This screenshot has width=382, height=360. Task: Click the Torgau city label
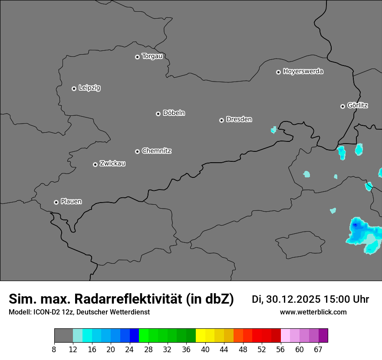pos(152,56)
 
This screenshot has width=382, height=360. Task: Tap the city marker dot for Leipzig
pos(74,88)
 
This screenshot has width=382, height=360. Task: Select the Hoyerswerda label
pos(303,72)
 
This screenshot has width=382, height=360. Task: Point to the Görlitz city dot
pos(342,106)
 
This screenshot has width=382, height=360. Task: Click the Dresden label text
pos(239,119)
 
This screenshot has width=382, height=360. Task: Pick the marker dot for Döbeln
pos(158,114)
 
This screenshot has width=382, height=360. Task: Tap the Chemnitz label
pos(156,151)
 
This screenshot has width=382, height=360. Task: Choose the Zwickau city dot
pos(95,164)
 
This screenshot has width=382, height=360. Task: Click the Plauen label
pos(71,202)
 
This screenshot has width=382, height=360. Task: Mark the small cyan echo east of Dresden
pos(273,129)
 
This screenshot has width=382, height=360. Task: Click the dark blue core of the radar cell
pos(356,225)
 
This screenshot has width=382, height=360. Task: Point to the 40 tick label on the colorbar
pos(205,350)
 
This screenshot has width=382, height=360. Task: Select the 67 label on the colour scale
pos(318,350)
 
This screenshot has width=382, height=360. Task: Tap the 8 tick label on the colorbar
pos(54,350)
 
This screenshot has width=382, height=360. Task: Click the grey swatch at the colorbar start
pos(63,336)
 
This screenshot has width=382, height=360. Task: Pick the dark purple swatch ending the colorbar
pos(323,336)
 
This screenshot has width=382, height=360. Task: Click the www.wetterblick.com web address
pos(313,312)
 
